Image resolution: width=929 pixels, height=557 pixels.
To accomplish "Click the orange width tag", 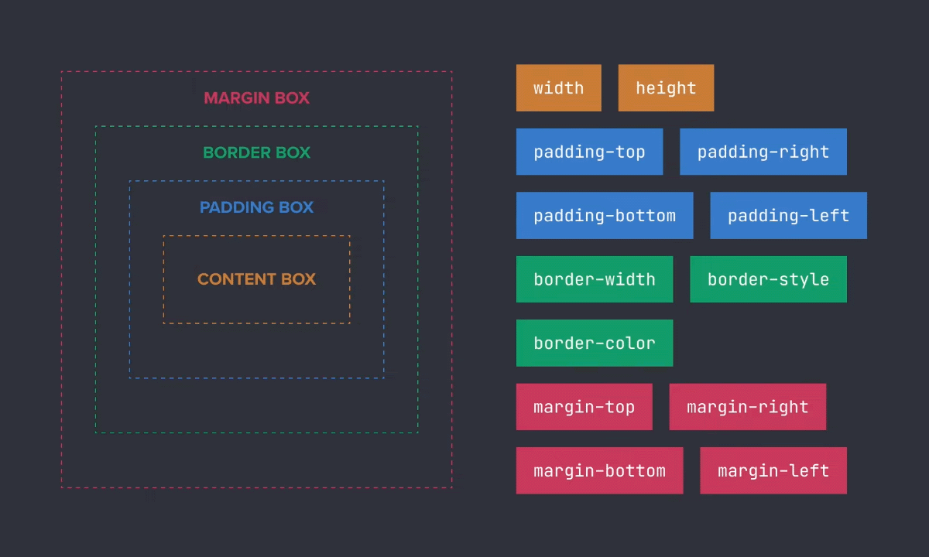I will pos(558,88).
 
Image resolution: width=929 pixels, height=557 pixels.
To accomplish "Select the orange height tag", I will pos(666,88).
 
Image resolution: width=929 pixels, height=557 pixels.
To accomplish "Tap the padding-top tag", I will pos(589,152).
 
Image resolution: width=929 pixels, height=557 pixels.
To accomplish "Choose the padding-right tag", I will pos(763,152).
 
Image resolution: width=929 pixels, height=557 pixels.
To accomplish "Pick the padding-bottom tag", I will pos(604,216).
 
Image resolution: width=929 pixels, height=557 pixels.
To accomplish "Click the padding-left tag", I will pos(788,216).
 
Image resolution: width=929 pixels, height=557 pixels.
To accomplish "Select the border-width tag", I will pos(594,279).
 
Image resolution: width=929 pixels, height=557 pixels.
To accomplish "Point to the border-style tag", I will pos(768,279).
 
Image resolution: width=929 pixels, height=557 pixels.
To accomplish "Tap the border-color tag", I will pos(594,343).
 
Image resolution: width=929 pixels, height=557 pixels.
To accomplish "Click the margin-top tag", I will pos(584,407).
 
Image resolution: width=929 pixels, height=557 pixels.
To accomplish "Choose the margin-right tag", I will pos(747,407).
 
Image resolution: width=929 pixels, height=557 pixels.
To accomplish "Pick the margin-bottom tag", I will pos(599,470).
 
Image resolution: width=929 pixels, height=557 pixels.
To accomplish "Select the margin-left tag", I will pos(773,470).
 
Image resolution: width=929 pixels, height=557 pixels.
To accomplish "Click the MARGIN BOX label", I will pos(256,98).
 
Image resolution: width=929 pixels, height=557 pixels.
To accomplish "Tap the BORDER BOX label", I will pos(256,153).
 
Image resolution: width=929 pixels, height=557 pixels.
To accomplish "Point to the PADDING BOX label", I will pos(256,207).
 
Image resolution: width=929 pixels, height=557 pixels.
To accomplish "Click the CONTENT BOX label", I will pos(256,279).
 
